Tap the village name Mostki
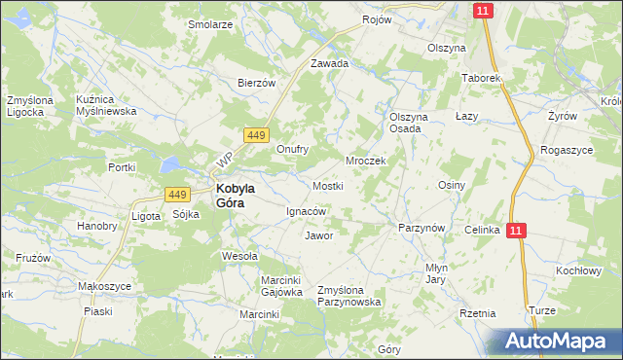coord(327,185)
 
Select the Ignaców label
coord(306,211)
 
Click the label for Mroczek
coord(367,161)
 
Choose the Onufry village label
coord(292,150)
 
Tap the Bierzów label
coord(259,84)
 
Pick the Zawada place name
coord(329,63)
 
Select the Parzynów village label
coord(421,228)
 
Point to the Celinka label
coord(482,230)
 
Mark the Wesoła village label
coord(239,257)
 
